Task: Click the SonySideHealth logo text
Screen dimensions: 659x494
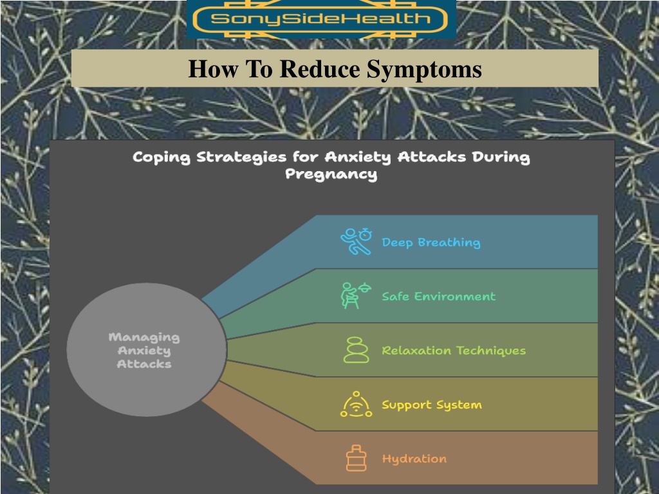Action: [x=320, y=19]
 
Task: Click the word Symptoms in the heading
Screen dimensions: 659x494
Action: [x=425, y=69]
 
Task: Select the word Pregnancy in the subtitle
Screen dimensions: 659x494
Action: [x=331, y=174]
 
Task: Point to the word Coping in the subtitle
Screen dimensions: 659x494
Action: [x=162, y=158]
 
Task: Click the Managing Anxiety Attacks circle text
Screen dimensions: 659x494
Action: [x=144, y=351]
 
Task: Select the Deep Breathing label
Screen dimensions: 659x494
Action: [x=431, y=242]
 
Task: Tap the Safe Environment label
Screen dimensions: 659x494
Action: [x=439, y=297]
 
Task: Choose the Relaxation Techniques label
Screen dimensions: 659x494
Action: [x=454, y=351]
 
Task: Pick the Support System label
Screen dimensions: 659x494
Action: [x=432, y=405]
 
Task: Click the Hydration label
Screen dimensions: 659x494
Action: [x=414, y=459]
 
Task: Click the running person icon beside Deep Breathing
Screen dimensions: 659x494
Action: [x=356, y=242]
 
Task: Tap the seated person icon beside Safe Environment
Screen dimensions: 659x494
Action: [x=356, y=295]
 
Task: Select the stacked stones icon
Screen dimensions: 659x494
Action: [x=356, y=349]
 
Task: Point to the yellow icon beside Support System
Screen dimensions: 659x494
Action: [x=356, y=404]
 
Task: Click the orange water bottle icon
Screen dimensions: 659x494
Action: [x=356, y=458]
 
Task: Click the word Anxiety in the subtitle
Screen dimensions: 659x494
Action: [x=358, y=158]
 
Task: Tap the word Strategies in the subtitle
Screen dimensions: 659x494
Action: [x=241, y=158]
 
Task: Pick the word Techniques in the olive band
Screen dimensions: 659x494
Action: [x=491, y=351]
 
